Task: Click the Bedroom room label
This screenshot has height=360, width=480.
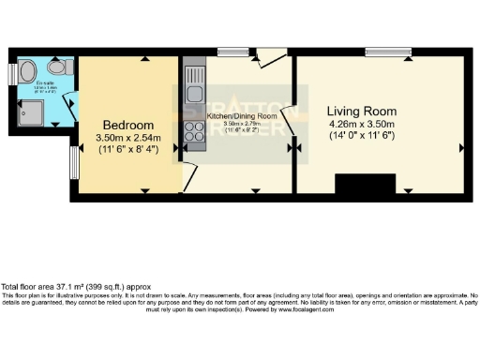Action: coord(128,125)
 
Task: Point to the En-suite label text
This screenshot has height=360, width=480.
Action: coord(45,83)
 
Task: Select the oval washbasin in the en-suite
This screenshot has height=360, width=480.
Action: coord(27,70)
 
